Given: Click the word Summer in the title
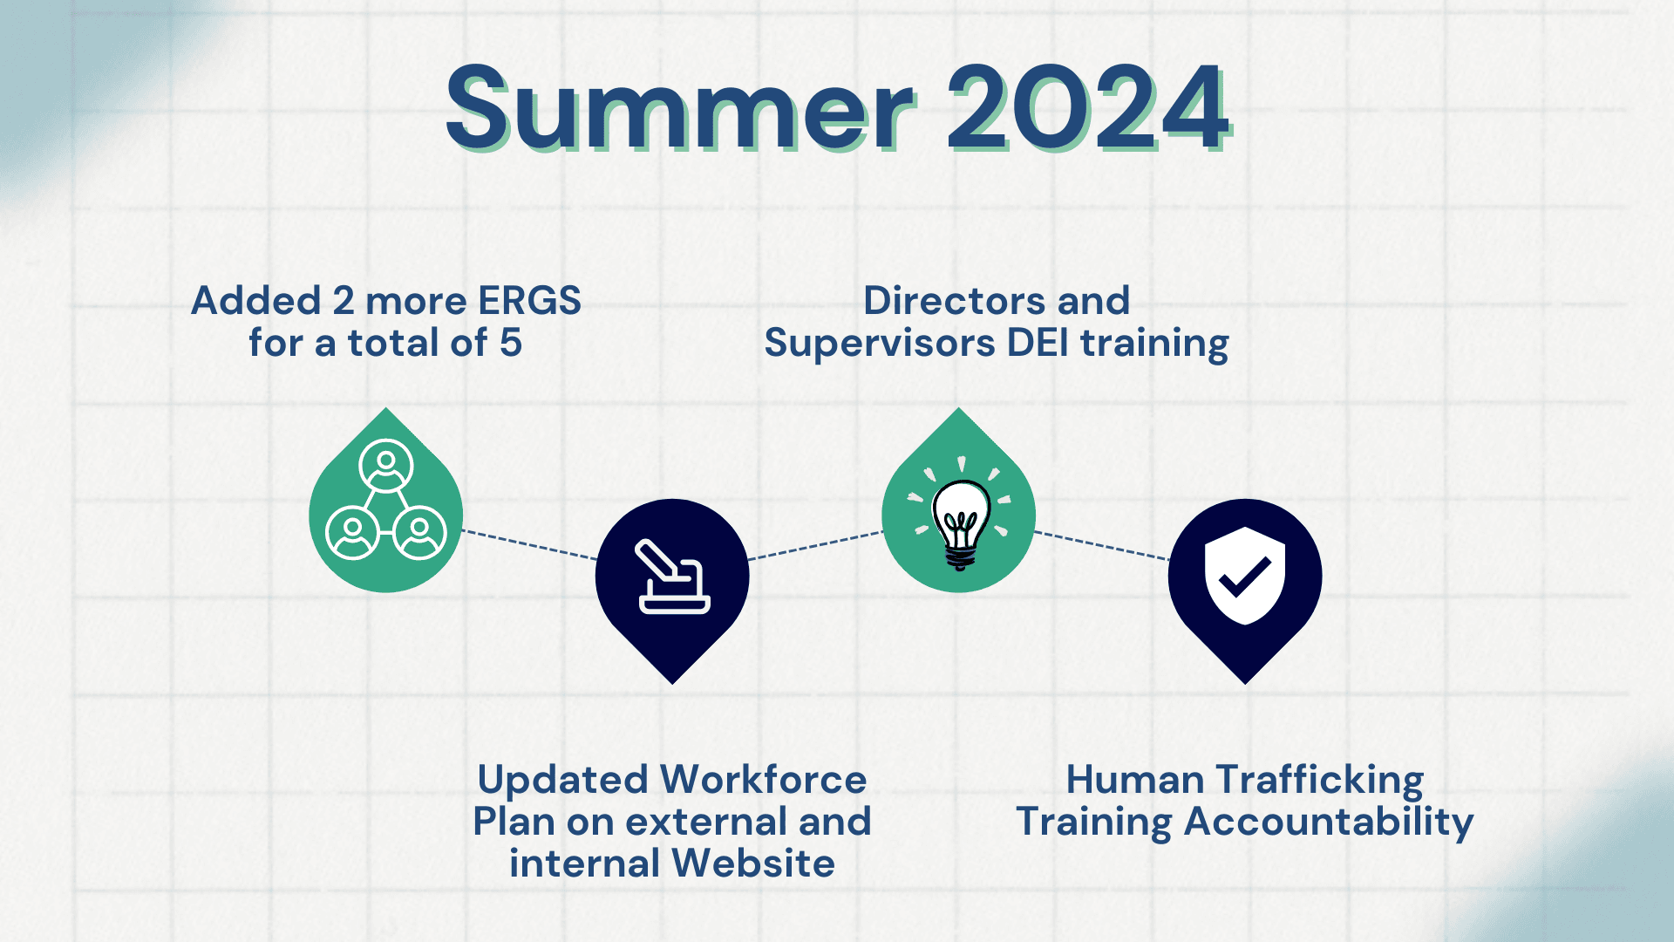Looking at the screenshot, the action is [x=680, y=108].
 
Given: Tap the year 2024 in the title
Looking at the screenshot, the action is [x=1088, y=108].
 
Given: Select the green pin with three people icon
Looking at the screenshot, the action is [x=385, y=506].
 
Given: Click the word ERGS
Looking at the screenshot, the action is [x=529, y=301].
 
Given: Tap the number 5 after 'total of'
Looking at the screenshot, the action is [x=511, y=343].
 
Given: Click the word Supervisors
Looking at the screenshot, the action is [x=880, y=343].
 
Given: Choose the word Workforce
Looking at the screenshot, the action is [x=763, y=780].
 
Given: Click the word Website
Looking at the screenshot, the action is [x=753, y=863].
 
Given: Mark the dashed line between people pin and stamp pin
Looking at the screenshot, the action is [x=529, y=544].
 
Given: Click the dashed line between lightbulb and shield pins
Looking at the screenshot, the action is [x=1102, y=545].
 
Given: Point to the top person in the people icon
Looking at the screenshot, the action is [x=385, y=467].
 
